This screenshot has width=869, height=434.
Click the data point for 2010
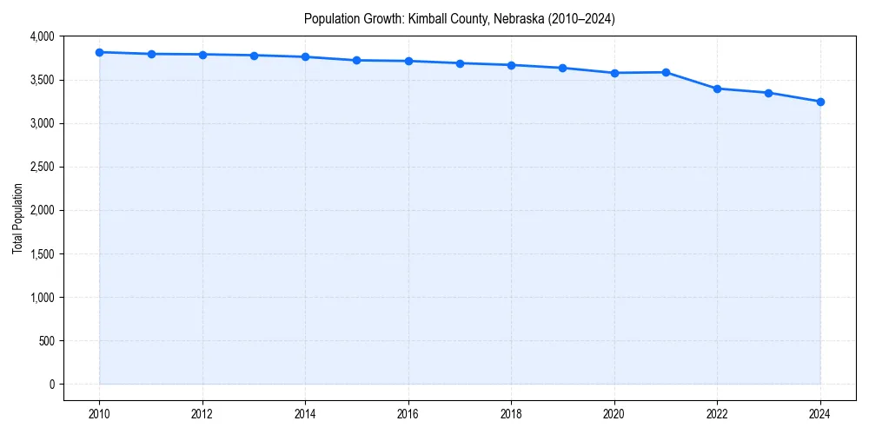click(x=100, y=52)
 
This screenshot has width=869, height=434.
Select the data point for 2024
click(x=820, y=102)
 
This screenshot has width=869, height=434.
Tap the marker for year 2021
click(x=666, y=72)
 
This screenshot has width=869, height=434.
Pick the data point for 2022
click(x=717, y=89)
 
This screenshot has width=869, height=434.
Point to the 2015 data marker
click(x=357, y=60)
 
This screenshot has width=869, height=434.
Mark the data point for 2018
click(x=512, y=65)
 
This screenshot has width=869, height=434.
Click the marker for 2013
click(x=254, y=56)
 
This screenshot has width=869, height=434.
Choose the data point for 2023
click(x=769, y=93)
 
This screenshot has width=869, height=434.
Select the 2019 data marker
click(x=563, y=68)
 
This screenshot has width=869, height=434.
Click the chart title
click(x=460, y=19)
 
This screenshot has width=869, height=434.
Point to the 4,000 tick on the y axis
click(x=41, y=36)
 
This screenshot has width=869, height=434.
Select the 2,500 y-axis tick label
click(x=41, y=167)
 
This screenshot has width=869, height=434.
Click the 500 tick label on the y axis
click(x=46, y=341)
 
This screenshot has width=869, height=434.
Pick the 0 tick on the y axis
click(x=52, y=385)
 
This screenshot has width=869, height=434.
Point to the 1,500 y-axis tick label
click(x=41, y=254)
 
